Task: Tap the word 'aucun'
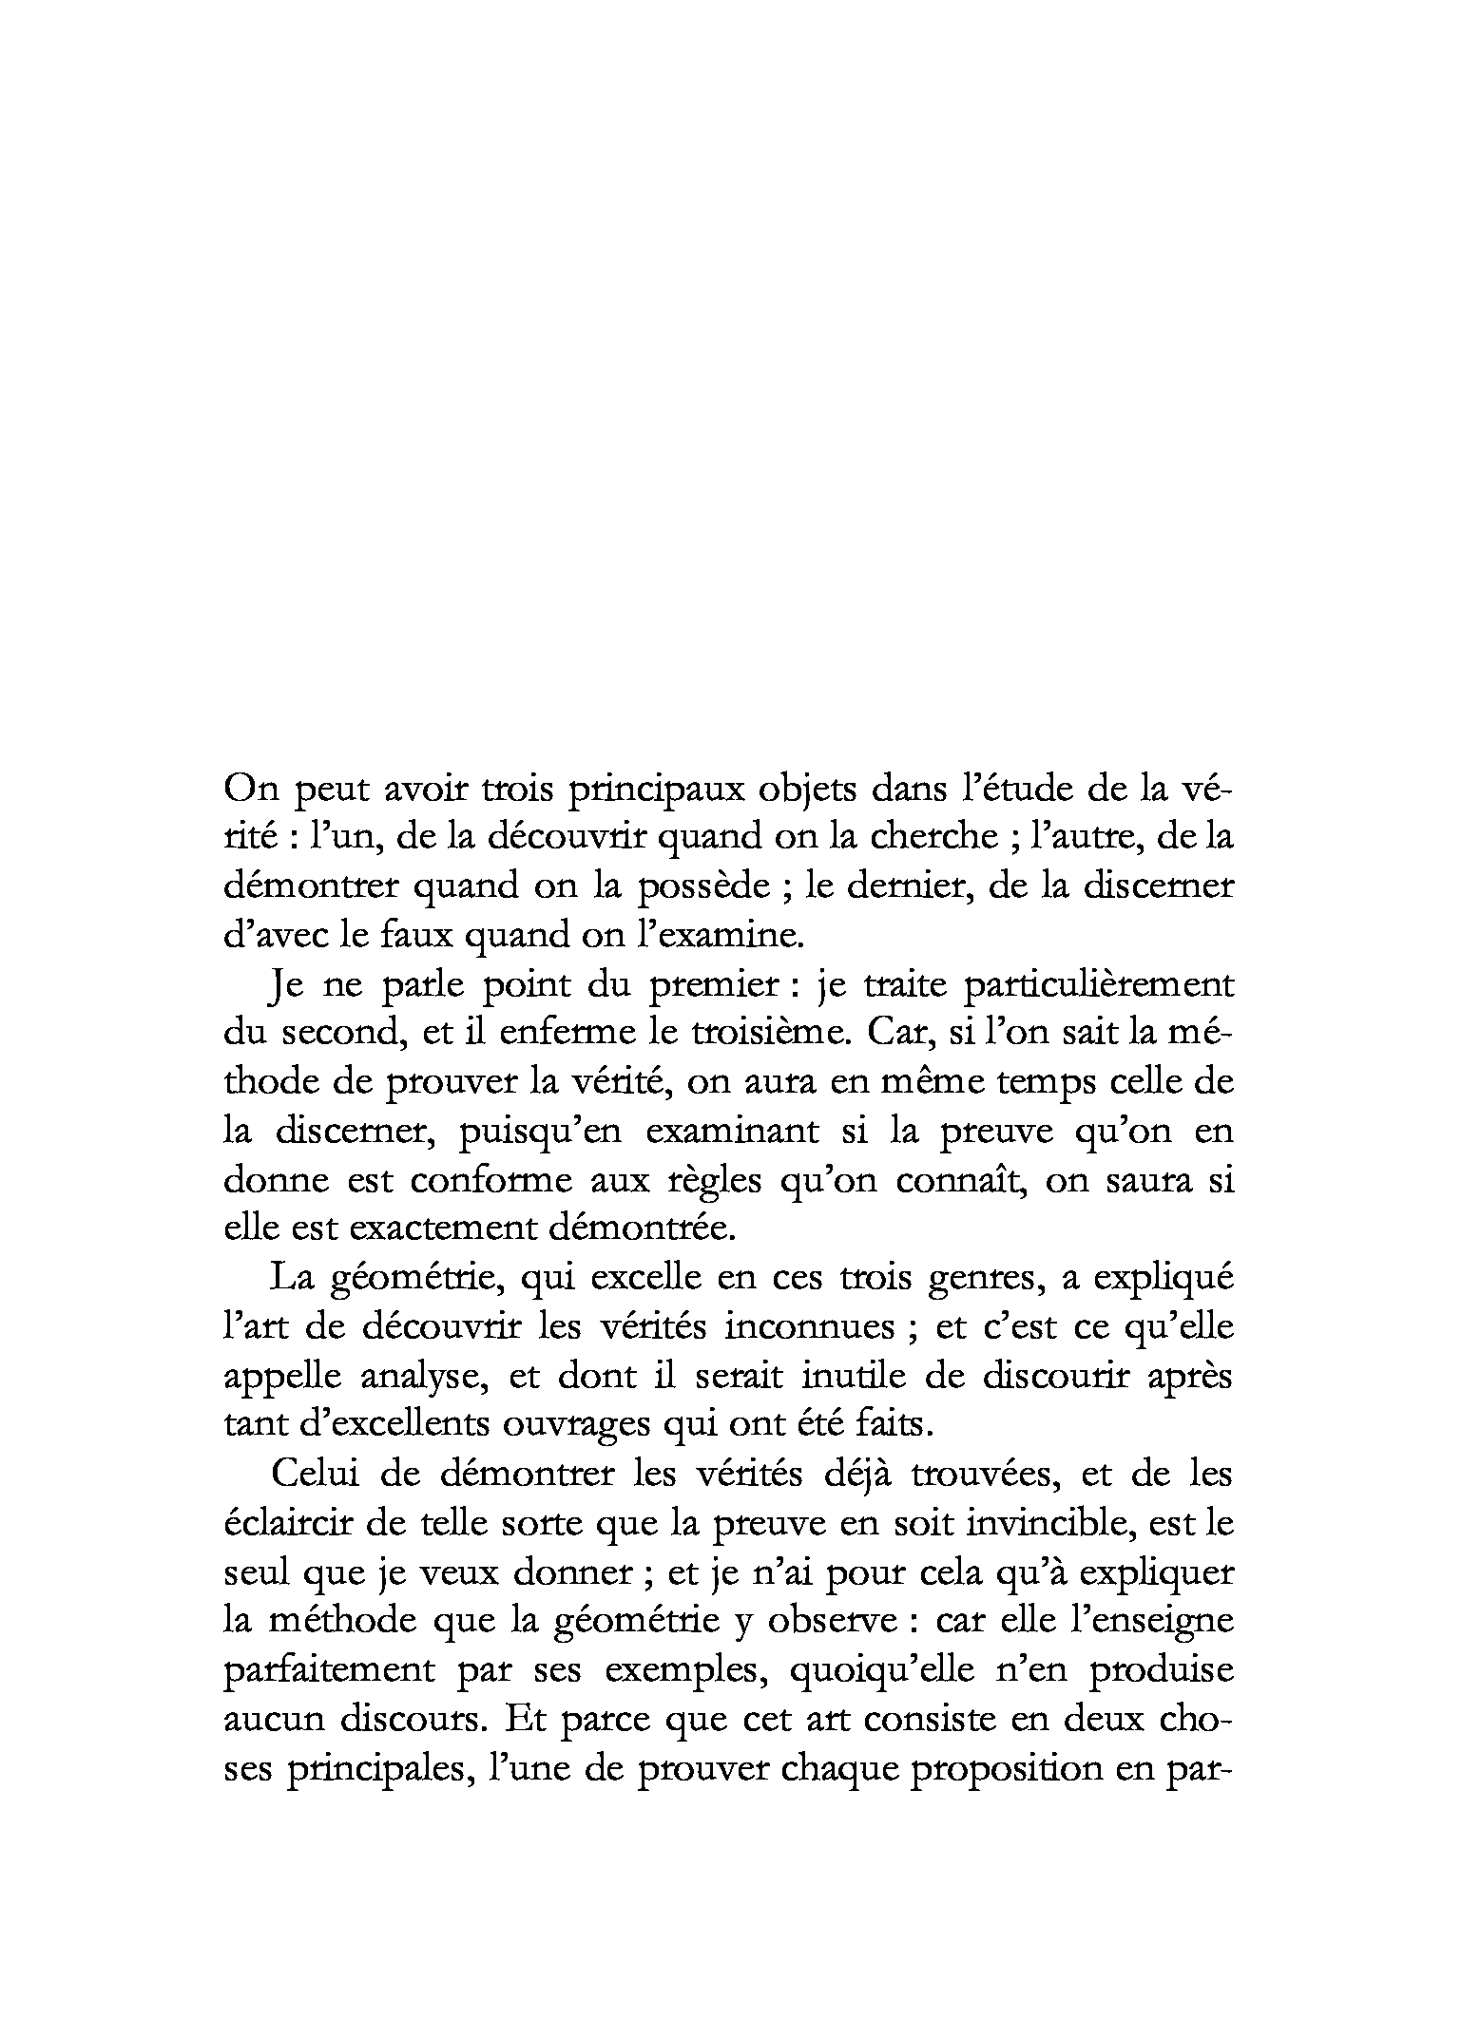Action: click(x=276, y=1720)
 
